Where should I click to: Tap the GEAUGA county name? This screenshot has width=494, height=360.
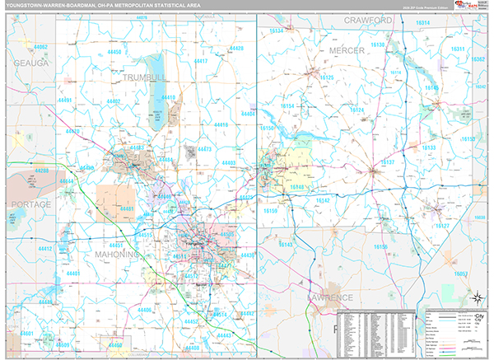[x=31, y=63]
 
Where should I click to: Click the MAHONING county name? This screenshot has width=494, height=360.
[x=120, y=255]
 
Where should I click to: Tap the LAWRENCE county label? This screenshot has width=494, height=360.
[x=330, y=297]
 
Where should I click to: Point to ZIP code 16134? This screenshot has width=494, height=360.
[x=275, y=30]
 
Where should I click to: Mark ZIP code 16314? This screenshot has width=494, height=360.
[x=422, y=23]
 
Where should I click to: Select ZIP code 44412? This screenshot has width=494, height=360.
[x=44, y=248]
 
